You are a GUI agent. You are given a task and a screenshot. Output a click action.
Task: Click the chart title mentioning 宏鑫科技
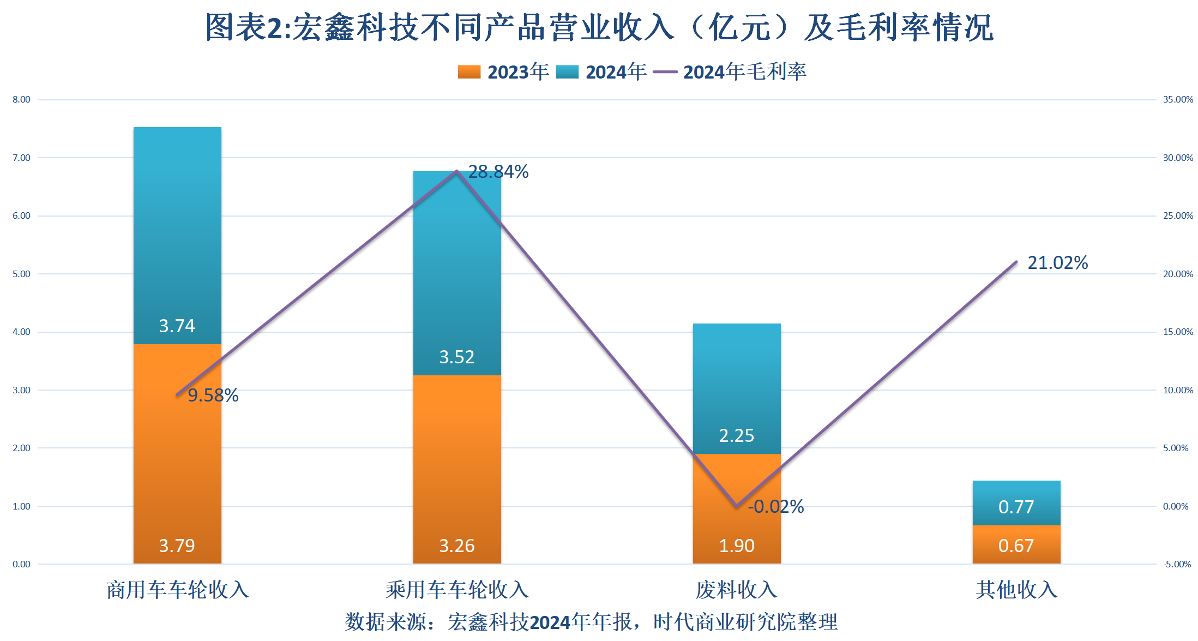[x=599, y=27]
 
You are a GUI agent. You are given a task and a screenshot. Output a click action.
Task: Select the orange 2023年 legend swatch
[x=469, y=72]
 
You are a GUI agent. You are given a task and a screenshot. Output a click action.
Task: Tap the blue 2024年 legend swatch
[x=567, y=72]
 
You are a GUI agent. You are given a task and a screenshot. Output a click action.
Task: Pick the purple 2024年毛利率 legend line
[x=665, y=72]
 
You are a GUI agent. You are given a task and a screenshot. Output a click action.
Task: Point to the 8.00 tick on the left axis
[x=21, y=99]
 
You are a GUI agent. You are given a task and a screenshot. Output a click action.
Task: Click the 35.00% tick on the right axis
[x=1178, y=99]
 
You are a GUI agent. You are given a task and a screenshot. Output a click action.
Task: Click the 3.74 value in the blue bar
[x=177, y=326]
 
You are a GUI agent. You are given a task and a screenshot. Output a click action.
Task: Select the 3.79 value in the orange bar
[x=177, y=546]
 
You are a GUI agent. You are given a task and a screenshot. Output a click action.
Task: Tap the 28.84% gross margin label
[x=498, y=172]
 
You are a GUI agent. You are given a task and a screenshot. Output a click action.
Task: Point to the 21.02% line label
[x=1057, y=263]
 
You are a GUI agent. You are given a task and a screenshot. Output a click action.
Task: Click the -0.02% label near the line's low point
[x=775, y=507]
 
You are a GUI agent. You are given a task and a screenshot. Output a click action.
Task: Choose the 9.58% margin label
[x=213, y=396]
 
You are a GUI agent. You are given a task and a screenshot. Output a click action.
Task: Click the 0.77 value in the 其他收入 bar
[x=1016, y=507]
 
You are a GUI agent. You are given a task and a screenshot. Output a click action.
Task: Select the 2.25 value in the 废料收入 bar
[x=736, y=435]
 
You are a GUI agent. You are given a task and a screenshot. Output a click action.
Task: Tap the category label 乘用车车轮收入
[x=457, y=590]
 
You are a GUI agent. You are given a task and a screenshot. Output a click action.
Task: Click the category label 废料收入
[x=736, y=590]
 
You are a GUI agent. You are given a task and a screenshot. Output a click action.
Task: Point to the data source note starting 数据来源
[x=591, y=622]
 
